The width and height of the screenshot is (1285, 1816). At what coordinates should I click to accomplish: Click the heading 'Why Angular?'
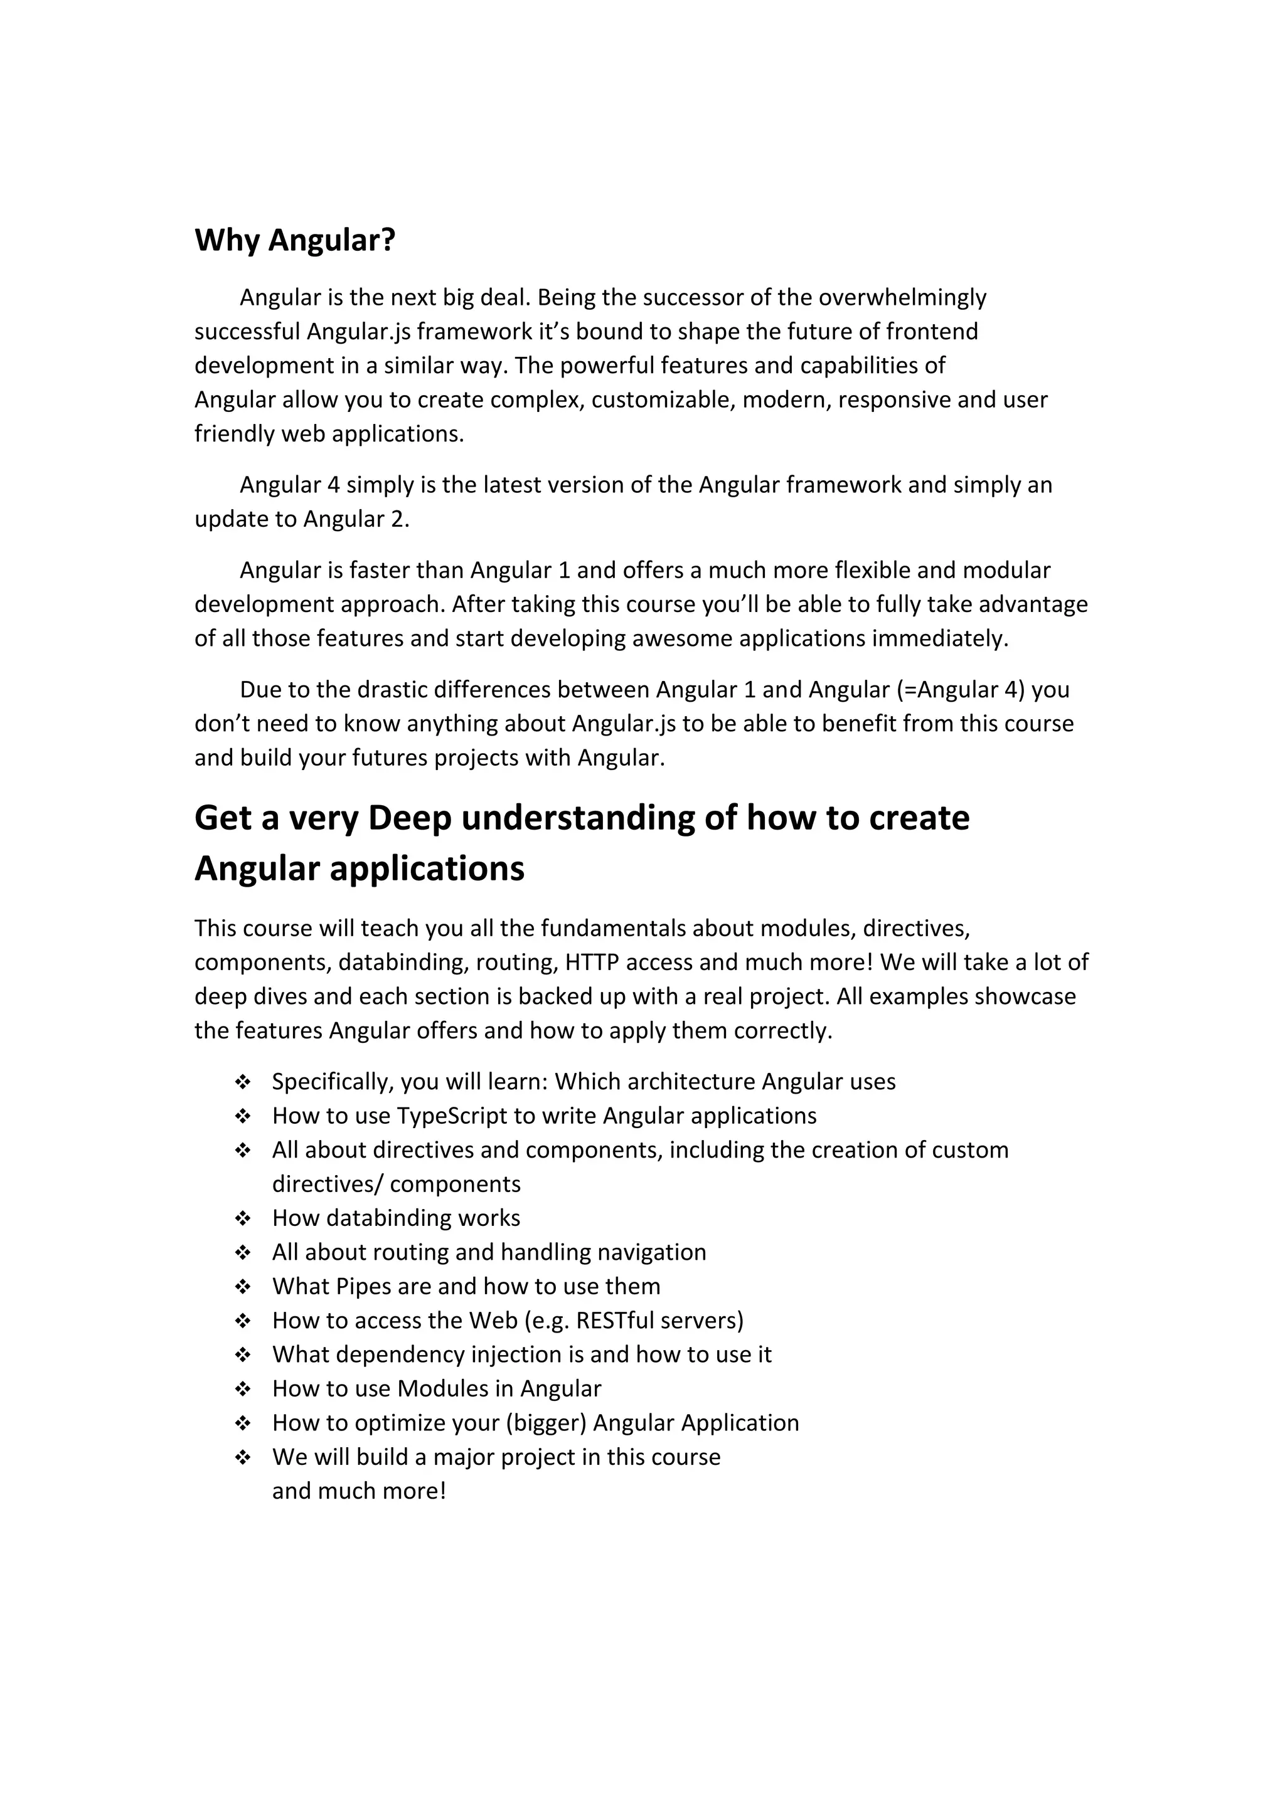pos(294,240)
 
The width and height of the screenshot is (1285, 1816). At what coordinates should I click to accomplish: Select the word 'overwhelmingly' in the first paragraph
pos(902,297)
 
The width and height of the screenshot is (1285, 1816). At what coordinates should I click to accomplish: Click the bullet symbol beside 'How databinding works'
pos(243,1218)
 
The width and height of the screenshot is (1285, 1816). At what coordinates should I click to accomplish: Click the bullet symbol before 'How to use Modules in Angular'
pos(243,1389)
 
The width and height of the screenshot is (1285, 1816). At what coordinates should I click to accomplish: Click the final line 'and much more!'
pos(360,1491)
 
